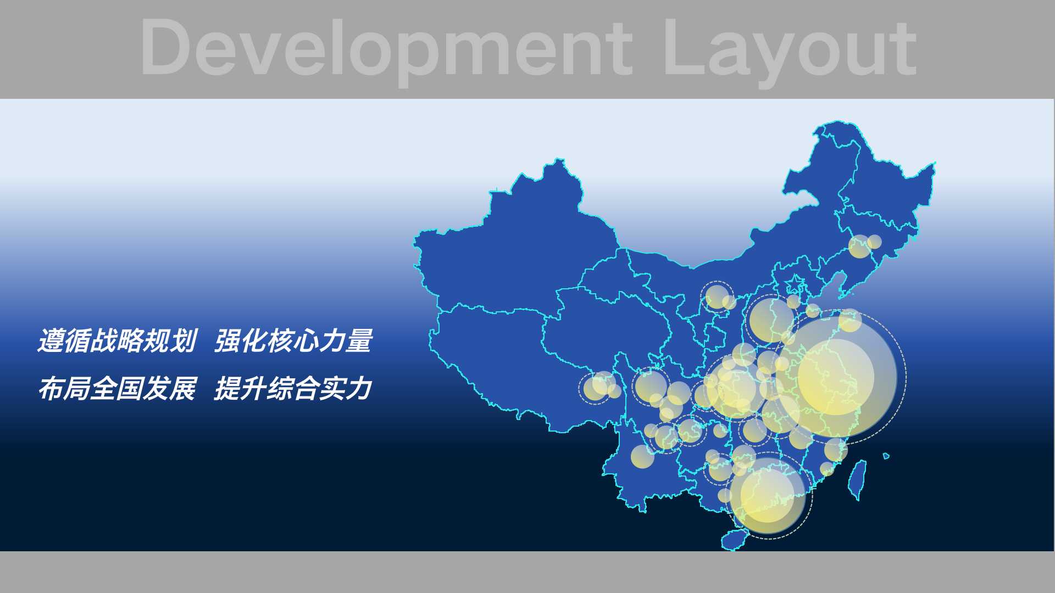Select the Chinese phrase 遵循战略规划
click(117, 340)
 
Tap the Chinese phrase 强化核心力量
click(293, 340)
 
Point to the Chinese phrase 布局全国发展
click(117, 389)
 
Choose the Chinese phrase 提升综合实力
click(293, 389)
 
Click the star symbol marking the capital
click(795, 284)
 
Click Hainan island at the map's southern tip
click(735, 539)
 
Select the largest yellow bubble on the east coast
click(836, 377)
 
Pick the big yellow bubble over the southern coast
click(768, 496)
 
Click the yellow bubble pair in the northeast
click(864, 245)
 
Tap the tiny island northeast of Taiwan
click(886, 456)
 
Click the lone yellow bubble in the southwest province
click(642, 456)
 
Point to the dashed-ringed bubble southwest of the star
click(717, 296)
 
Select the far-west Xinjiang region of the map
click(517, 242)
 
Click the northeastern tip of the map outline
click(934, 163)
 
